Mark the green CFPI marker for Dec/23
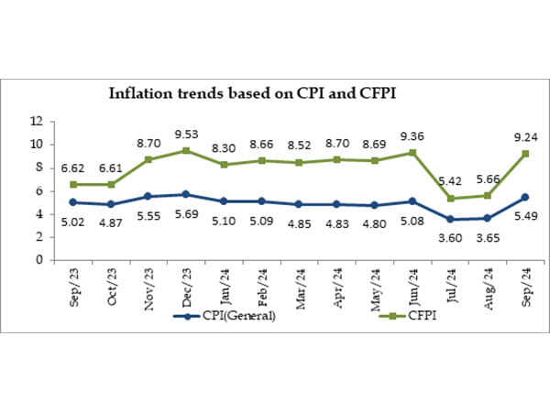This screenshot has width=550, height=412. point(187,150)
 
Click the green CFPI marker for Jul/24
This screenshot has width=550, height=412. point(451,198)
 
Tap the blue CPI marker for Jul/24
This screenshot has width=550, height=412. point(451,219)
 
